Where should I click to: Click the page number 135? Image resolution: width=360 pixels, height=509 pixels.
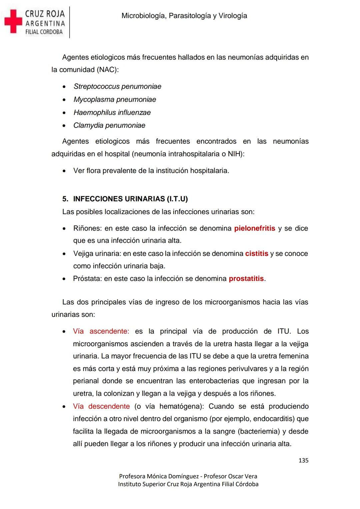[x=303, y=460]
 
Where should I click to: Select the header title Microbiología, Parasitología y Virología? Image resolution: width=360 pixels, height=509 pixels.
[x=184, y=16]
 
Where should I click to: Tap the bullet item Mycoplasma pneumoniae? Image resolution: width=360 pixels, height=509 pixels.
[x=115, y=99]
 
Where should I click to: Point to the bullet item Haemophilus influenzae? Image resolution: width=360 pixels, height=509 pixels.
[x=112, y=112]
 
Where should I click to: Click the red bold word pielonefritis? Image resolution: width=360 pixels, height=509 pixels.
[x=255, y=228]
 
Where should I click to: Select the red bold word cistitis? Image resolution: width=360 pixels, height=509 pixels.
[x=257, y=253]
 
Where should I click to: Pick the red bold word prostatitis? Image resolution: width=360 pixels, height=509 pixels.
[x=246, y=279]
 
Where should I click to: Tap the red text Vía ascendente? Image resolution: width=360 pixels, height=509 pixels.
[x=101, y=331]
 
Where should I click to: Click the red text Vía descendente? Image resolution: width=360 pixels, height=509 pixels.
[x=101, y=406]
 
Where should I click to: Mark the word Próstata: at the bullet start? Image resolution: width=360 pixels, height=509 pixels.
[x=87, y=279]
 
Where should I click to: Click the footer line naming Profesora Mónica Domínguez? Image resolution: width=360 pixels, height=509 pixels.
[x=188, y=476]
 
